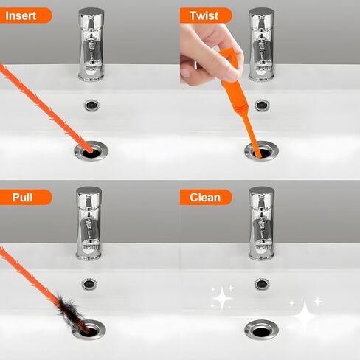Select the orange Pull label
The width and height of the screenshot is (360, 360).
[24, 197]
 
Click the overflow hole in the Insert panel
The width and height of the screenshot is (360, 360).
[91, 105]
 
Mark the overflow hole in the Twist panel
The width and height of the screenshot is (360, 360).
[262, 105]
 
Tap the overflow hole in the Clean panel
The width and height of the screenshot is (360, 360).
[262, 284]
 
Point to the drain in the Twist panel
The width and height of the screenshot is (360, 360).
[261, 150]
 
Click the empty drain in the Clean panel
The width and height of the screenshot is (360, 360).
[261, 330]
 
